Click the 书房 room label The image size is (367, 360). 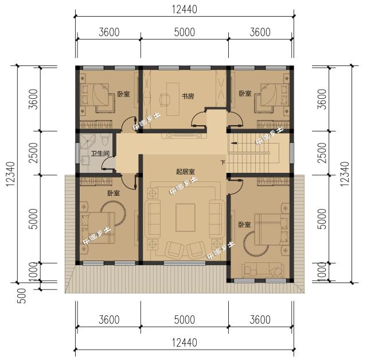tap(188, 96)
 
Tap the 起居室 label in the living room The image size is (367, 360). tap(185, 171)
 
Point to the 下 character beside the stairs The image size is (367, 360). tap(222, 163)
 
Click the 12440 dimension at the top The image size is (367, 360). tap(183, 9)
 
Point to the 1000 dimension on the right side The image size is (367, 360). tap(322, 272)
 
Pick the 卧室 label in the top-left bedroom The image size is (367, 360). tap(123, 94)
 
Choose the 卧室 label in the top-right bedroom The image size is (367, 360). tap(245, 94)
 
